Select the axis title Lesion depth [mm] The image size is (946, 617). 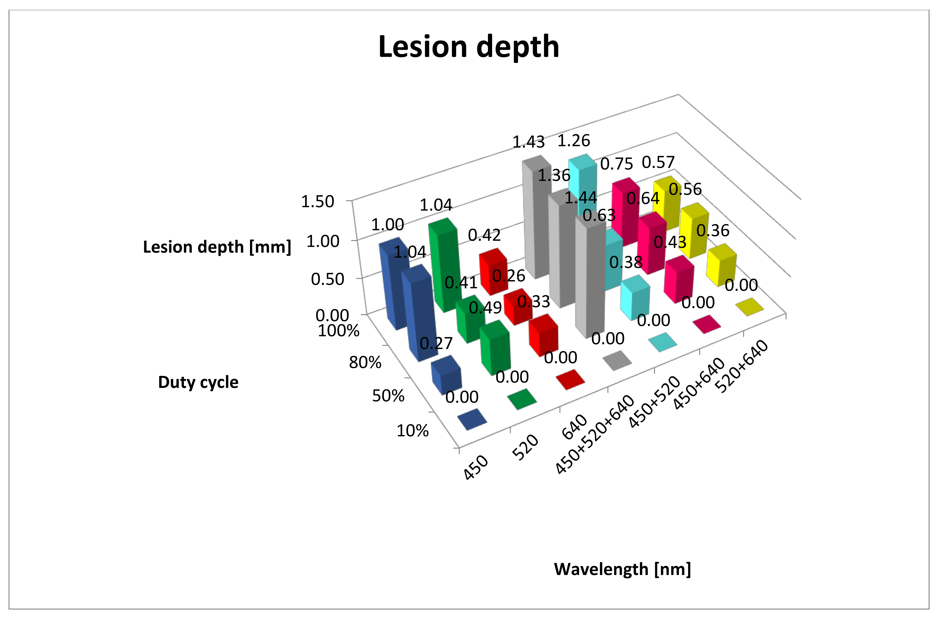click(x=217, y=247)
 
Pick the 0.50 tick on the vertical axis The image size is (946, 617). click(x=327, y=279)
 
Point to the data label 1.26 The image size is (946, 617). click(x=574, y=141)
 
